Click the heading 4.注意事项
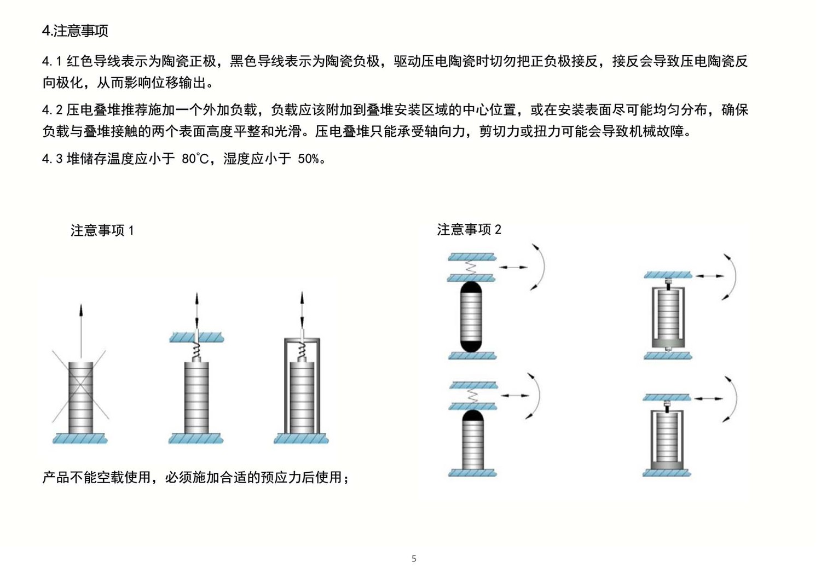tap(75, 31)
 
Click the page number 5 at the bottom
tap(414, 559)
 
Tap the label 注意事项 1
tap(102, 230)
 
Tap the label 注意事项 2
tap(469, 229)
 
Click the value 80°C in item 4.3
tap(195, 159)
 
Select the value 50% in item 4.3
tap(309, 159)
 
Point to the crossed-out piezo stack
tap(80, 397)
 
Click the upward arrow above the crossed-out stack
tap(81, 328)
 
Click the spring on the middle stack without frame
tap(196, 351)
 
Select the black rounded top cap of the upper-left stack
tap(471, 288)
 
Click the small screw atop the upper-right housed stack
tap(668, 283)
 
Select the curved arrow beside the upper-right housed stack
tap(732, 276)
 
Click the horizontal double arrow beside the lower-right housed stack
tap(710, 398)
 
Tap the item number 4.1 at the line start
tap(53, 61)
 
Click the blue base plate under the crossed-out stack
tap(80, 438)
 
